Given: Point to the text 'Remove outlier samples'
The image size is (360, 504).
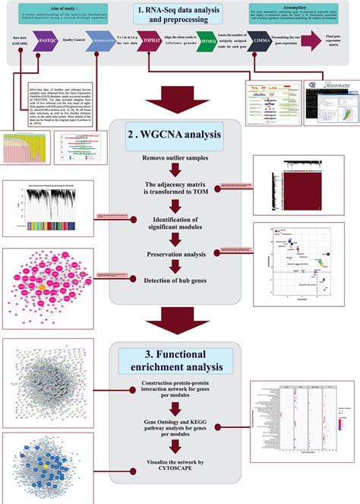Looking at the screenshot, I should (x=179, y=158).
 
